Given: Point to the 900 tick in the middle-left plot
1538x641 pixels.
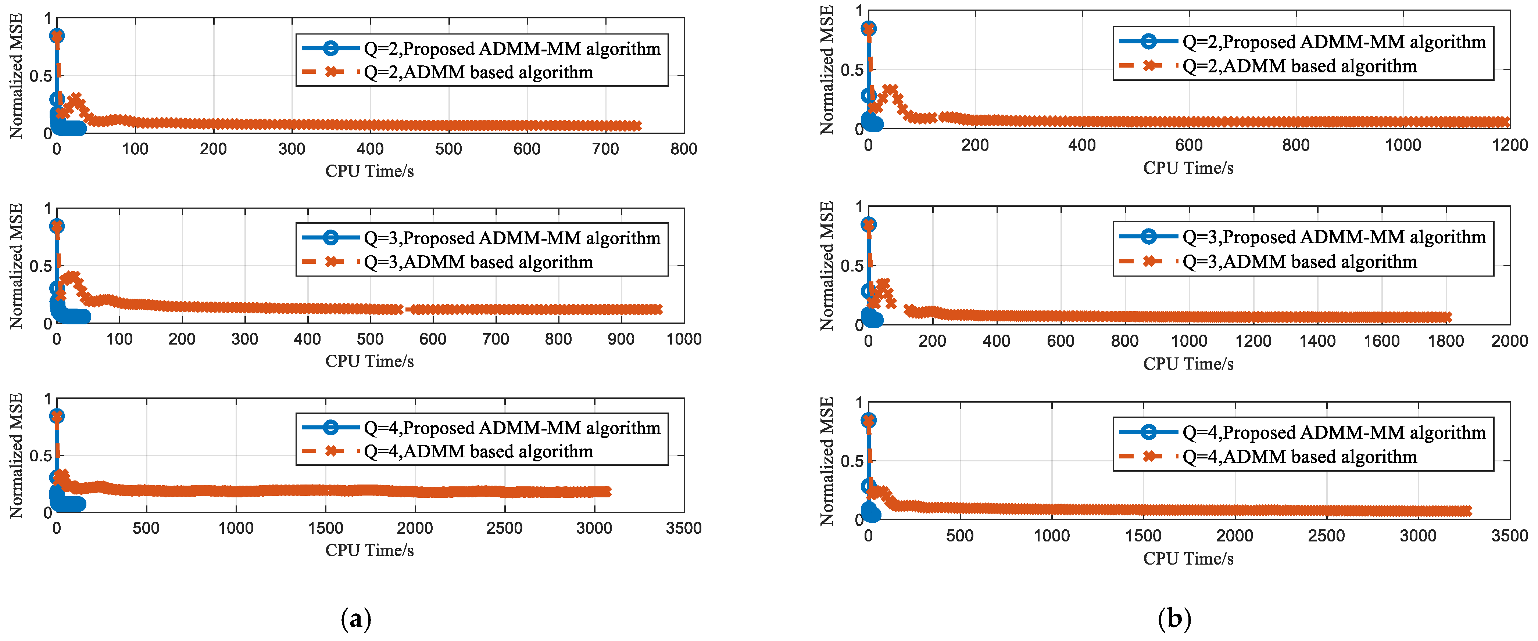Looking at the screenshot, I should tap(621, 339).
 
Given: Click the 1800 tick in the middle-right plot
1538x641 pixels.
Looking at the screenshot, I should tap(1445, 341).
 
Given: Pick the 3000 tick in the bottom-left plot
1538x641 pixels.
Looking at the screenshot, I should tap(594, 528).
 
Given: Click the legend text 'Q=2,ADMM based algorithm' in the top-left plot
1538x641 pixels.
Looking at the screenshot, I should tap(478, 73).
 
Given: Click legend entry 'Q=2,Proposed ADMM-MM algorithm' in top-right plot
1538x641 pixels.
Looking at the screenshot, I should tap(1334, 42).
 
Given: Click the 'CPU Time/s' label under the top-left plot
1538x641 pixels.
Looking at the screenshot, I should tap(369, 171).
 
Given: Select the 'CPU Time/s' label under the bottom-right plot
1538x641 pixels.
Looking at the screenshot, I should tap(1188, 559).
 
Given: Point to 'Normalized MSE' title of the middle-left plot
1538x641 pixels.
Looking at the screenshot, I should tap(16, 266).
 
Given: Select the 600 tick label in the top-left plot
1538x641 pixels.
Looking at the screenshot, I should tap(527, 149).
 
